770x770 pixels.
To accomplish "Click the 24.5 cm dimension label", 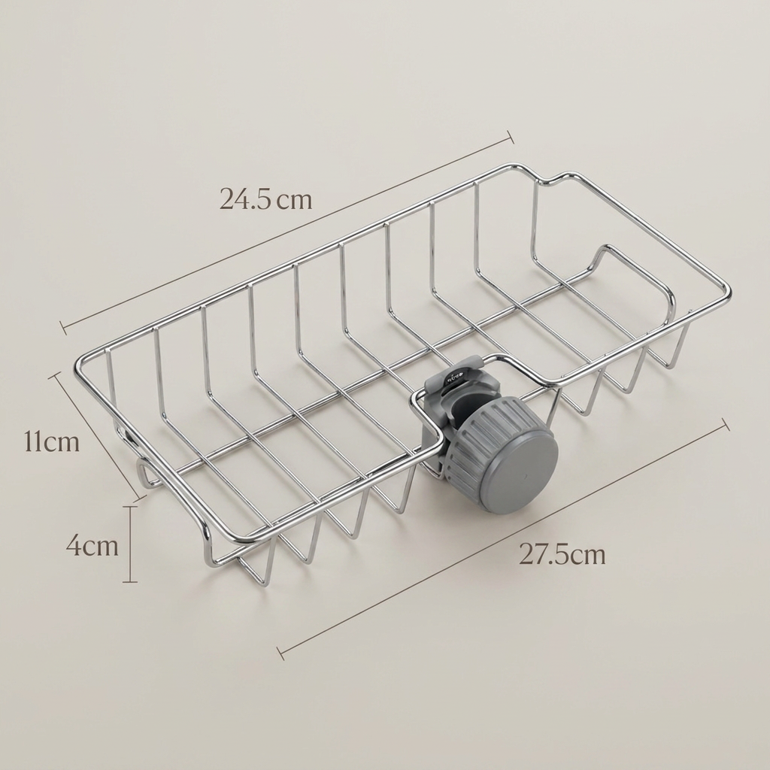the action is click(x=265, y=199).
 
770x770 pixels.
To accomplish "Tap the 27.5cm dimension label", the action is click(x=562, y=555).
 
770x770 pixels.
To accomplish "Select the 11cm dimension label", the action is click(x=52, y=442).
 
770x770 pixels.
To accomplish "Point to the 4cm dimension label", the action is click(x=92, y=546).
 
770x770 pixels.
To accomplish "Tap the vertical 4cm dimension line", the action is click(x=129, y=544).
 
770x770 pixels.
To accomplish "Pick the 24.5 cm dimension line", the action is click(x=286, y=233).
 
